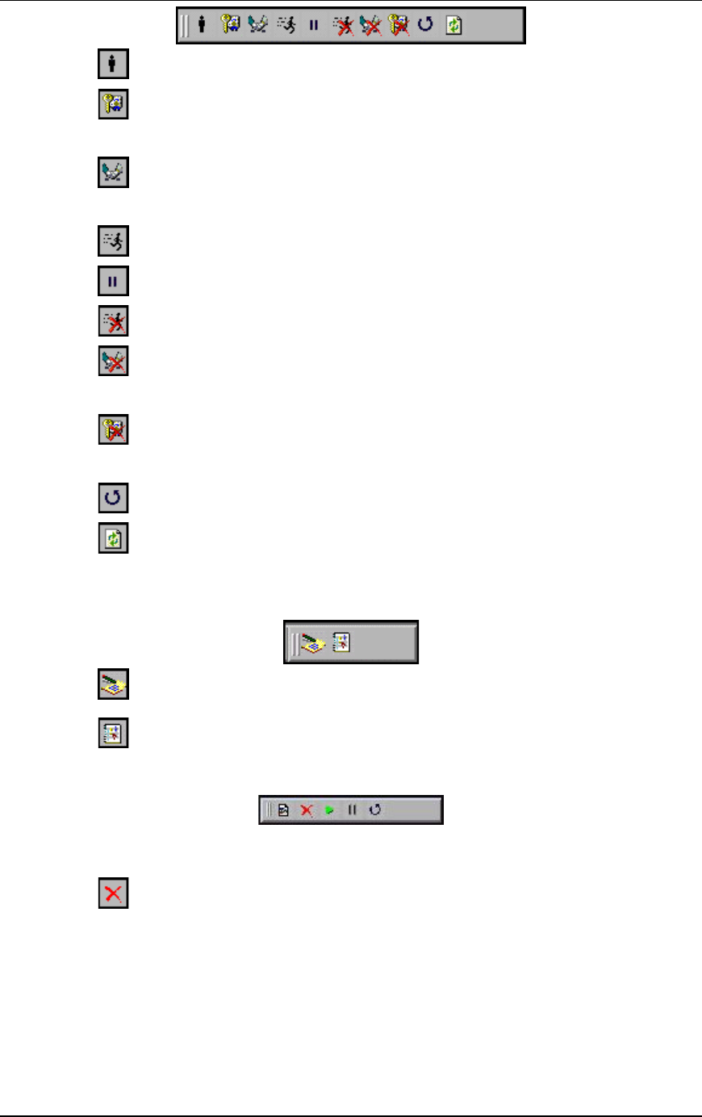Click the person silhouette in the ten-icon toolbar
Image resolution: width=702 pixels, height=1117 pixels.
coord(202,25)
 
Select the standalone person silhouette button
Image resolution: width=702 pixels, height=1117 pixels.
coord(113,65)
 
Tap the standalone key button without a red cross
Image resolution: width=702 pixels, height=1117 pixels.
coord(113,105)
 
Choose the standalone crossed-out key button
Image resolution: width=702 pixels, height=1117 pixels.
coord(113,429)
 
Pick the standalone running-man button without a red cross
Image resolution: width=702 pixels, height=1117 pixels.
coord(113,241)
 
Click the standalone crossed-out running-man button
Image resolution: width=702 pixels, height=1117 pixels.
coord(113,321)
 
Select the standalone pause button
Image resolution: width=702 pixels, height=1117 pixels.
coord(113,282)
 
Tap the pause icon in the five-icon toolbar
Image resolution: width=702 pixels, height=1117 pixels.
coord(352,810)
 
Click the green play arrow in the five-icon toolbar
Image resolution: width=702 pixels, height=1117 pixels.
coord(329,810)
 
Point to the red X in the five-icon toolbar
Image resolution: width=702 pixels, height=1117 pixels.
coord(307,810)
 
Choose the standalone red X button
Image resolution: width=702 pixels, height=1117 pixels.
coord(113,893)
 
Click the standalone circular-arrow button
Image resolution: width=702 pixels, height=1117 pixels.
coord(113,497)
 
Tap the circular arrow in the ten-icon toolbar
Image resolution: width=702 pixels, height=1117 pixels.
coord(426,25)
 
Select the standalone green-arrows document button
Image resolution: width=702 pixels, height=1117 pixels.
coord(113,538)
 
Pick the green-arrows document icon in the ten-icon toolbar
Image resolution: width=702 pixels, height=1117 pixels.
coord(454,25)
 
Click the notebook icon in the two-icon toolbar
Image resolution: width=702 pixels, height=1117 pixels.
coord(342,642)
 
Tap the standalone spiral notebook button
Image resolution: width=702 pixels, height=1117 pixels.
coord(113,733)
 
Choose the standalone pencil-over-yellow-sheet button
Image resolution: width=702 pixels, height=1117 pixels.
coord(113,684)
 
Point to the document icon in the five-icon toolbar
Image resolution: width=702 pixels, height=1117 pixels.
coord(283,810)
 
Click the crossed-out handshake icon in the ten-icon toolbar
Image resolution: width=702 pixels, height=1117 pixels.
coord(371,25)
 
